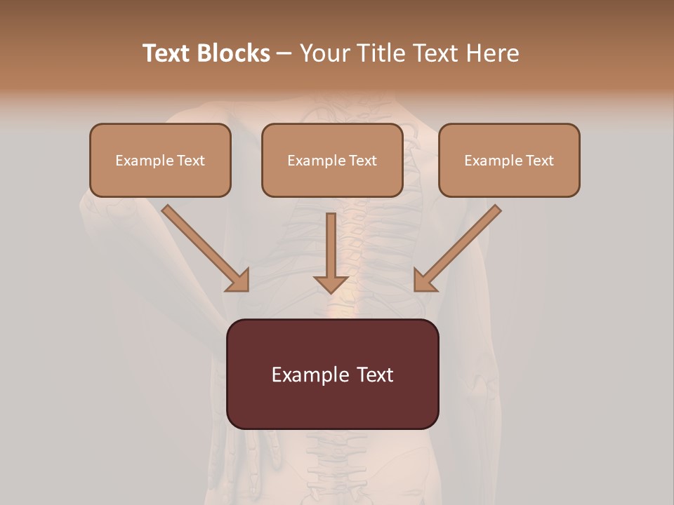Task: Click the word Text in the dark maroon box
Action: tap(374, 375)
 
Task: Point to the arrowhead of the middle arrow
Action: tap(331, 284)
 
